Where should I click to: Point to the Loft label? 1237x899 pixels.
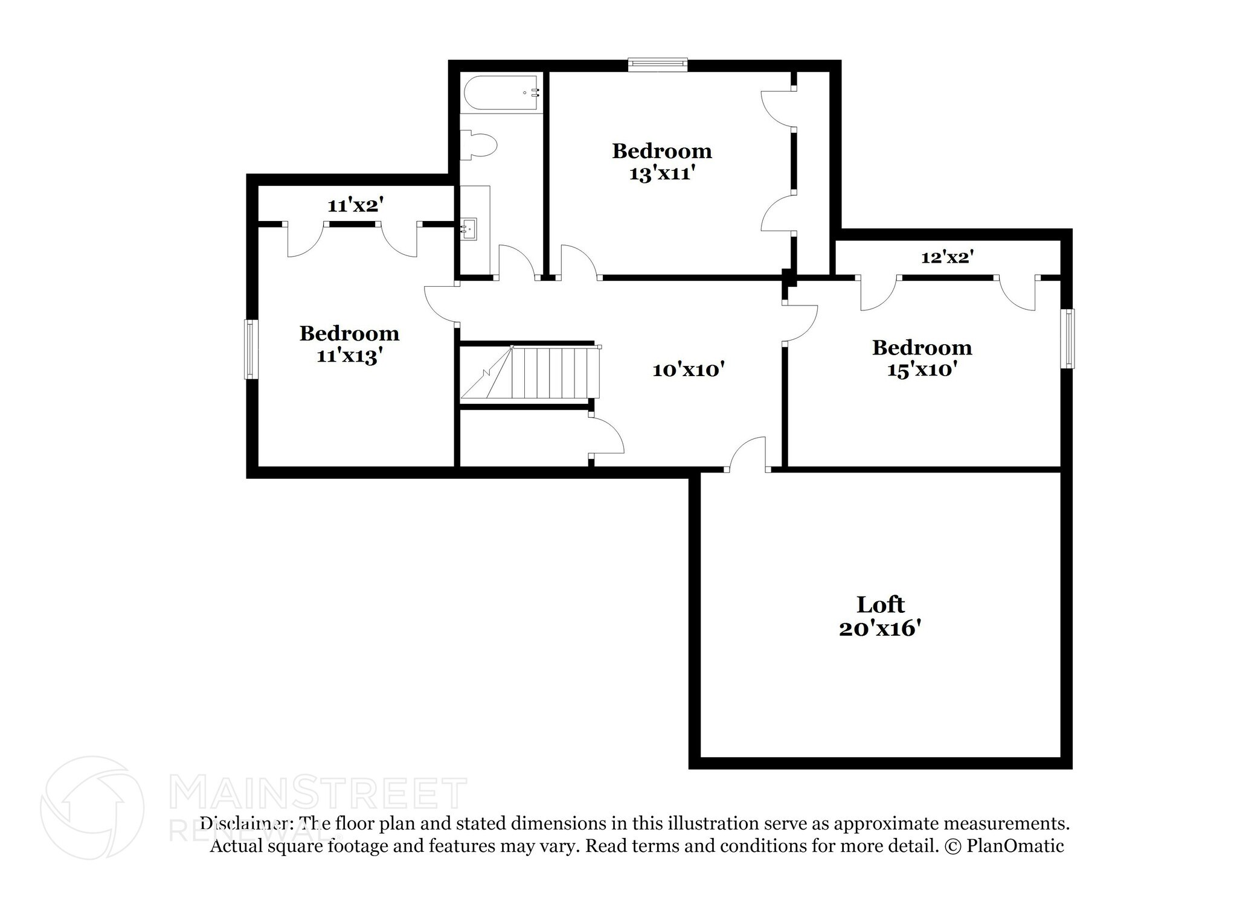[x=880, y=604]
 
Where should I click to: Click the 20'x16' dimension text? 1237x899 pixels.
[x=880, y=629]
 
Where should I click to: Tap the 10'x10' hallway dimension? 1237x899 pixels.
[x=688, y=370]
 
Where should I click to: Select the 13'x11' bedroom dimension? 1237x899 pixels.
[x=661, y=174]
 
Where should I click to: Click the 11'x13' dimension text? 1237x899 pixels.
[x=350, y=356]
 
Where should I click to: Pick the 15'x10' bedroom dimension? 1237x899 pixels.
[x=922, y=370]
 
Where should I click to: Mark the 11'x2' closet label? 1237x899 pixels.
[x=356, y=206]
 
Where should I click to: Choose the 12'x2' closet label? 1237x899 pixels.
[x=947, y=258]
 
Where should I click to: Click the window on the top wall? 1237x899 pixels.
[x=657, y=65]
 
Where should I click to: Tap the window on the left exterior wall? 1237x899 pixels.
[x=251, y=350]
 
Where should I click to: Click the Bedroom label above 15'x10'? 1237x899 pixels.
[x=922, y=348]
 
